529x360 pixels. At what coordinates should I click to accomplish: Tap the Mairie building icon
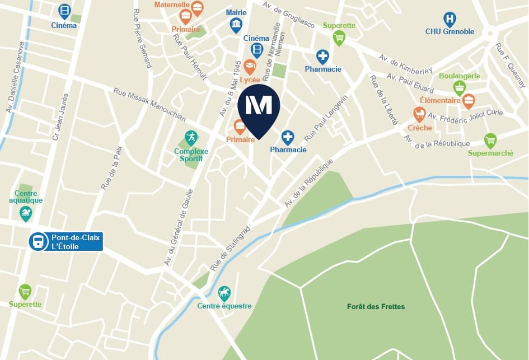click(236, 25)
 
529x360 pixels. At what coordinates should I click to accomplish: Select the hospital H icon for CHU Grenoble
click(450, 19)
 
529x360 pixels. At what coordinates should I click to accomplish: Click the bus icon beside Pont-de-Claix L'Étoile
click(38, 242)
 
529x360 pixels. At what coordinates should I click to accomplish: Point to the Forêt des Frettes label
click(376, 306)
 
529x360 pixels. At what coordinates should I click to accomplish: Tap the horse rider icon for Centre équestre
click(224, 293)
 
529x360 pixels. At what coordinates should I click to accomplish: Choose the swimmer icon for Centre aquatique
click(26, 213)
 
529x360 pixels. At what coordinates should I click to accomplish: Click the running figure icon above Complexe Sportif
click(191, 138)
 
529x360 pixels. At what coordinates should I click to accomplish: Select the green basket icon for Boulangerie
click(460, 87)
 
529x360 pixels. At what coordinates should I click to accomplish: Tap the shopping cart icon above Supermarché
click(490, 140)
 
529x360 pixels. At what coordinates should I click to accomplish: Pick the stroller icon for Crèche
click(419, 114)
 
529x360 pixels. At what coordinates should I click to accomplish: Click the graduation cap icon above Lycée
click(250, 67)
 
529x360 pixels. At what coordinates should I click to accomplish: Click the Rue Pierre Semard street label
click(143, 38)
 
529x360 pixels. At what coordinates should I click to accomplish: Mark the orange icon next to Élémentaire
click(469, 101)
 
